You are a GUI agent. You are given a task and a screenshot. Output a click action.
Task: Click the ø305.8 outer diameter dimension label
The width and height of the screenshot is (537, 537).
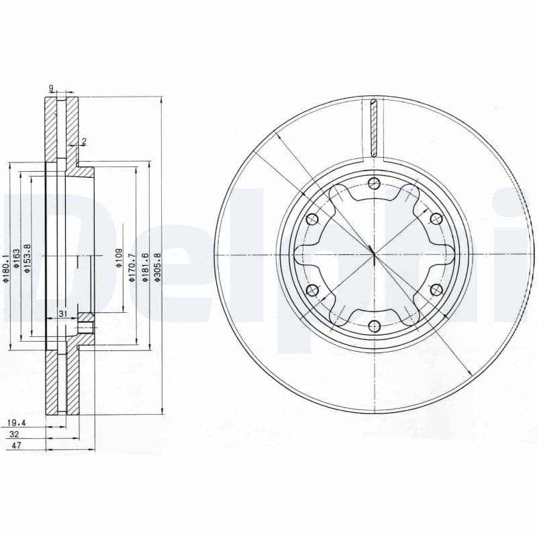pyautogui.click(x=157, y=268)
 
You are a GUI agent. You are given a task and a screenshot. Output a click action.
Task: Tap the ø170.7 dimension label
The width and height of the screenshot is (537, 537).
pyautogui.click(x=132, y=267)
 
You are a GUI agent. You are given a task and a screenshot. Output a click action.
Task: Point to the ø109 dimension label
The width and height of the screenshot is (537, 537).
pyautogui.click(x=118, y=258)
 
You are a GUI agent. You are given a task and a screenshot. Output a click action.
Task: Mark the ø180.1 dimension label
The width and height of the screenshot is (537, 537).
pyautogui.click(x=6, y=268)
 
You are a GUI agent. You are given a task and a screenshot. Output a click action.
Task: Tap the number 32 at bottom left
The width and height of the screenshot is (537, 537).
pyautogui.click(x=13, y=434)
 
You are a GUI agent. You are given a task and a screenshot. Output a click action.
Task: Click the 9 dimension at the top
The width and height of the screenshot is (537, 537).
pyautogui.click(x=51, y=88)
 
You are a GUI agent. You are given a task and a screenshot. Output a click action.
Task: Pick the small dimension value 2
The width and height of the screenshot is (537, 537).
pyautogui.click(x=84, y=142)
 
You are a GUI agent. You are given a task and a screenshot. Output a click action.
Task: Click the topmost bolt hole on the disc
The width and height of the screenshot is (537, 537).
pyautogui.click(x=375, y=185)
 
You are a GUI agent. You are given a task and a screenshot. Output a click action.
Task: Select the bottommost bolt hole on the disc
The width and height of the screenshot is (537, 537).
pyautogui.click(x=375, y=327)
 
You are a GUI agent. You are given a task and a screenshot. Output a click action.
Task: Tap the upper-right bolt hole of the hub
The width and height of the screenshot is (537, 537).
pyautogui.click(x=436, y=219)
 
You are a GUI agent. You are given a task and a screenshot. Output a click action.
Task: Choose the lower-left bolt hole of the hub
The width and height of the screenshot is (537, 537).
pyautogui.click(x=311, y=290)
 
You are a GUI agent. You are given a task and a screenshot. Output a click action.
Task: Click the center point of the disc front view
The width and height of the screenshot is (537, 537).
pyautogui.click(x=373, y=254)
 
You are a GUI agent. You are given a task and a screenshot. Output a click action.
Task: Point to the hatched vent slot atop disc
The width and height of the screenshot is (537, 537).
pyautogui.click(x=375, y=128)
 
